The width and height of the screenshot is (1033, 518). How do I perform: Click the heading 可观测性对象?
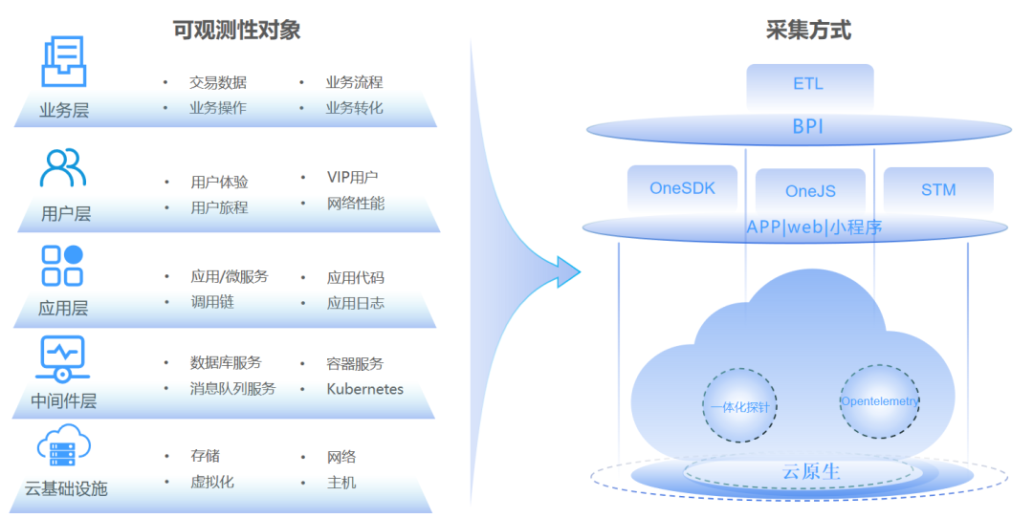click(x=236, y=30)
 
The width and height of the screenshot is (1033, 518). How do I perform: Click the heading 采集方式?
click(x=808, y=30)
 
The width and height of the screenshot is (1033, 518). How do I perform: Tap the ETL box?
click(x=808, y=84)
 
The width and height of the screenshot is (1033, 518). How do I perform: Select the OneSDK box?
click(x=682, y=188)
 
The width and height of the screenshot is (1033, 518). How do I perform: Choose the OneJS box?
click(x=810, y=191)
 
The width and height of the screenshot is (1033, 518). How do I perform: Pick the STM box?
click(x=938, y=189)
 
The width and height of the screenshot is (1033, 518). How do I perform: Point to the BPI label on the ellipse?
click(x=808, y=126)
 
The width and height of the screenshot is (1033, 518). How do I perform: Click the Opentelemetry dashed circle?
click(x=879, y=401)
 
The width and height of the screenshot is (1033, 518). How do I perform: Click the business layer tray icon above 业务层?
click(x=64, y=61)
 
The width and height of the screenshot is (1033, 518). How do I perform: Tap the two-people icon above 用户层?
click(x=63, y=168)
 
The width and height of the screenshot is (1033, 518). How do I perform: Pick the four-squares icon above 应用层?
click(x=62, y=265)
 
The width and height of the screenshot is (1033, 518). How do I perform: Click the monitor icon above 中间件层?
click(x=63, y=358)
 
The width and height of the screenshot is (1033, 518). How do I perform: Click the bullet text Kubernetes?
click(x=364, y=389)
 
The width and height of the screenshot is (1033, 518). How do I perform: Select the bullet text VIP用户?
click(x=352, y=178)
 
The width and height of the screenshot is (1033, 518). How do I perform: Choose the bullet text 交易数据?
click(x=217, y=83)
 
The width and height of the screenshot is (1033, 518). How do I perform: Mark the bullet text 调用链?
click(x=211, y=302)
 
